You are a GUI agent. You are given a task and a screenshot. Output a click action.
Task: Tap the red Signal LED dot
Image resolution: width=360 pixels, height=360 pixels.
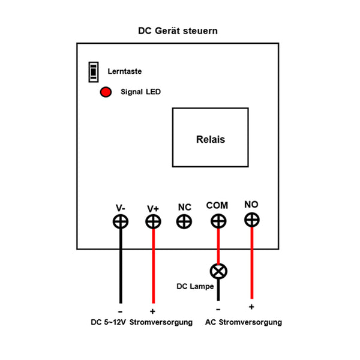[x=106, y=92]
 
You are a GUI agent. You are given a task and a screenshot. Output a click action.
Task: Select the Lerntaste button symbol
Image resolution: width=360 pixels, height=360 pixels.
[x=93, y=72]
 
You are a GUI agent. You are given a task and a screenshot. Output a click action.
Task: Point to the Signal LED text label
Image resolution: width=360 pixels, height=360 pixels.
[x=140, y=92]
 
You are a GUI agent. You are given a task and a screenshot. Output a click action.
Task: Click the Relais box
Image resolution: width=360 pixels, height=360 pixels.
[x=210, y=138]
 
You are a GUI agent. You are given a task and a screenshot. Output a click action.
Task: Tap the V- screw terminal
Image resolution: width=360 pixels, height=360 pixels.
[x=121, y=221]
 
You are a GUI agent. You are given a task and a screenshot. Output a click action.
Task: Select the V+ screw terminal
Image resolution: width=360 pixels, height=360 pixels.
[x=154, y=221]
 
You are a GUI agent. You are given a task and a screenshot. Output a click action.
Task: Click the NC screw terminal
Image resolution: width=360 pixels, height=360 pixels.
[x=184, y=221]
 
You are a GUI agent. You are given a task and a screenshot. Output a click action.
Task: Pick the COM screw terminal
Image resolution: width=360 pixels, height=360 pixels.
[x=218, y=221]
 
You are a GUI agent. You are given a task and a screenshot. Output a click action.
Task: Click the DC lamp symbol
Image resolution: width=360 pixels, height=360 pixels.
[x=218, y=271]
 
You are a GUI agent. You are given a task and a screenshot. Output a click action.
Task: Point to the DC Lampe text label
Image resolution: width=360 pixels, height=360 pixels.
[x=195, y=286]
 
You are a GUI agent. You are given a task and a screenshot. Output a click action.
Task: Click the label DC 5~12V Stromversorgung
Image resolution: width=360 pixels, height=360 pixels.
[x=138, y=322]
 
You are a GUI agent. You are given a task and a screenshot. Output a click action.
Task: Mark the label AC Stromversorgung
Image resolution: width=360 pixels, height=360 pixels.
[x=244, y=322]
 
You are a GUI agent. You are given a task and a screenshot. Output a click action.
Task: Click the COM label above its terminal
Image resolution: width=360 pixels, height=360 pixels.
[x=217, y=206]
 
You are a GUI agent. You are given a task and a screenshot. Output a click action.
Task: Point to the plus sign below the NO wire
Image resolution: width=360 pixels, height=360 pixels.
[x=251, y=307]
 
